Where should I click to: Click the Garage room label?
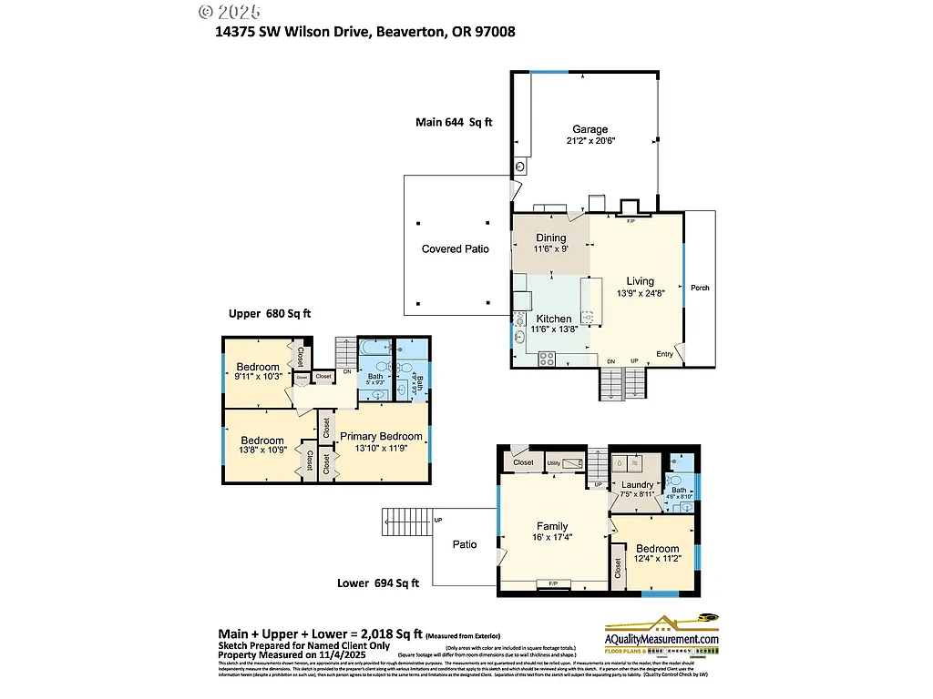pyautogui.click(x=590, y=129)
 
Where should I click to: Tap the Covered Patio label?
pyautogui.click(x=455, y=249)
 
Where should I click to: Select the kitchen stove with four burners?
pyautogui.click(x=548, y=359)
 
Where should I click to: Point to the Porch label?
pyautogui.click(x=700, y=288)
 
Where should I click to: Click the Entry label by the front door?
pyautogui.click(x=666, y=354)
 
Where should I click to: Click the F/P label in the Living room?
pyautogui.click(x=631, y=220)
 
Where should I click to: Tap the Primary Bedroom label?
pyautogui.click(x=382, y=436)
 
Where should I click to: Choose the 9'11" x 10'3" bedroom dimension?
pyautogui.click(x=258, y=377)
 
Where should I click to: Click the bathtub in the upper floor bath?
pyautogui.click(x=374, y=348)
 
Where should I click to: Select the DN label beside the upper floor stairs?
pyautogui.click(x=347, y=371)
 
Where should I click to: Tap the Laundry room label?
pyautogui.click(x=638, y=485)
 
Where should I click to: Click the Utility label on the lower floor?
pyautogui.click(x=553, y=464)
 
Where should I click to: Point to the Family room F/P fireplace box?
pyautogui.click(x=552, y=582)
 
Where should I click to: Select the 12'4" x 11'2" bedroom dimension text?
pyautogui.click(x=657, y=560)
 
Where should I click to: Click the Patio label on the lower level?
pyautogui.click(x=465, y=544)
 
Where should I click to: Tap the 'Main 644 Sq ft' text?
pyautogui.click(x=454, y=121)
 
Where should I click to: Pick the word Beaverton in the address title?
pyautogui.click(x=408, y=32)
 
